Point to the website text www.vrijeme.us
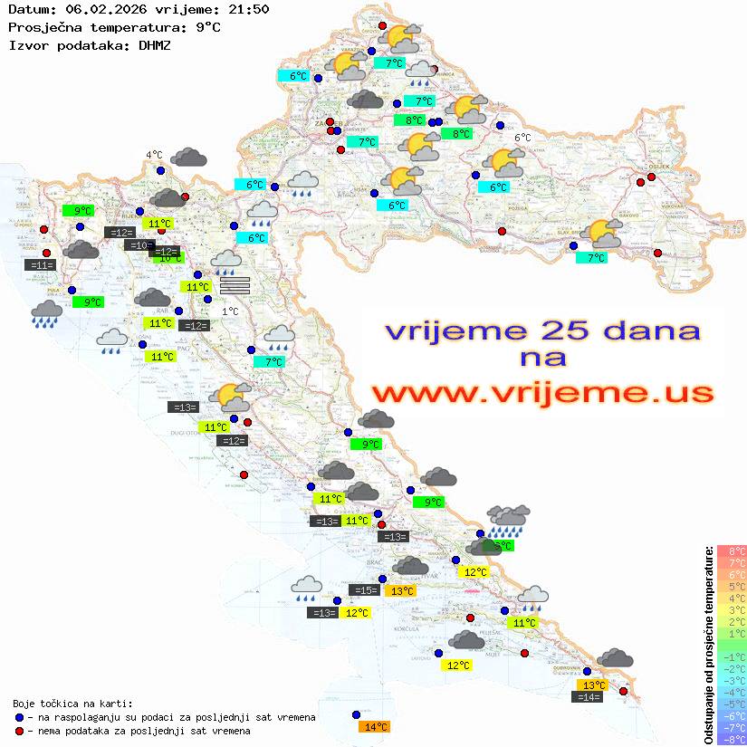coord(541,393)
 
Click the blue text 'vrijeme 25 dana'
coord(541,330)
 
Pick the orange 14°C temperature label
coord(374,726)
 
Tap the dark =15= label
coord(364,590)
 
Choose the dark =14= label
coord(589,696)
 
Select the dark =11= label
coord(41,265)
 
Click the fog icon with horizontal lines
coord(234,285)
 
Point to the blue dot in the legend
coord(19,717)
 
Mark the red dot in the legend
coord(19,730)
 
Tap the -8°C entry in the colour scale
coord(731,739)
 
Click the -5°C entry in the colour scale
coord(731,704)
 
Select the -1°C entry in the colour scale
coord(731,656)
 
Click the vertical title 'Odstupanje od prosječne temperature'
coord(708,645)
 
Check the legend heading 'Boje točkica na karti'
coord(72,703)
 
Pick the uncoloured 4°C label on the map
coord(154,155)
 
